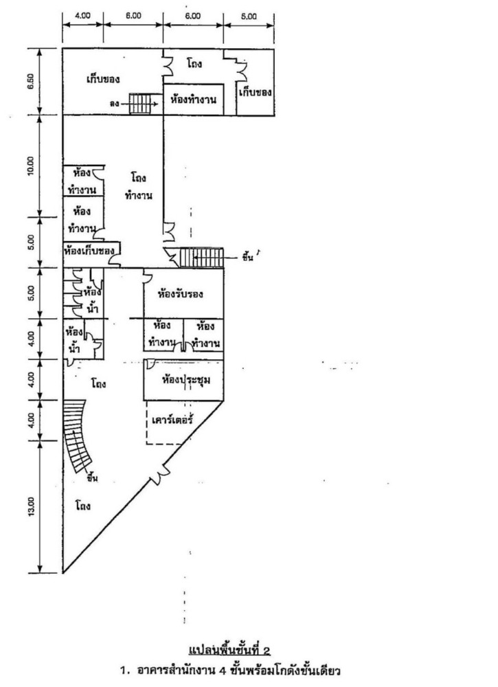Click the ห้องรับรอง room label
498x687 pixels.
(181, 295)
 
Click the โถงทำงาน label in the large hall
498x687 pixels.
(139, 187)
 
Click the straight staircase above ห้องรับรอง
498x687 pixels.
(201, 258)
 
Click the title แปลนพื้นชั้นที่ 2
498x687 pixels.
(224, 651)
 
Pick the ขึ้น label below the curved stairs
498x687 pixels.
(92, 478)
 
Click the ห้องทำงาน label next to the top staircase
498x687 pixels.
(193, 100)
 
